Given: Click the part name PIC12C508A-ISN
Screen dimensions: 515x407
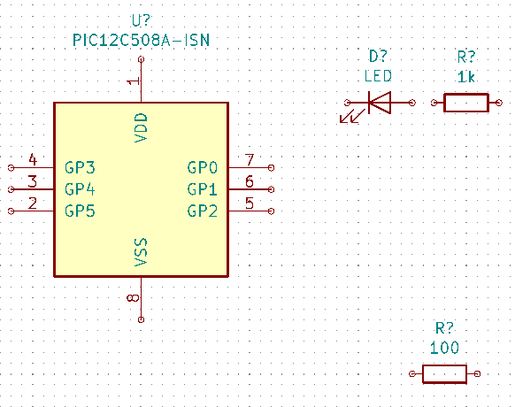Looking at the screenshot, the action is pyautogui.click(x=141, y=41).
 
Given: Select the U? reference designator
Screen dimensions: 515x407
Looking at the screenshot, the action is pyautogui.click(x=141, y=20).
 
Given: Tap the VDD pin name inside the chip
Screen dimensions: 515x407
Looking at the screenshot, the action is pyautogui.click(x=142, y=127).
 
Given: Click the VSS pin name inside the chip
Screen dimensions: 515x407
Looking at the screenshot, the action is pyautogui.click(x=142, y=252).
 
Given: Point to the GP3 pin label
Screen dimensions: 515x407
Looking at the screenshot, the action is pyautogui.click(x=80, y=167).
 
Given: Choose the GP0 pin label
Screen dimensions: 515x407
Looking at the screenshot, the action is pyautogui.click(x=203, y=167).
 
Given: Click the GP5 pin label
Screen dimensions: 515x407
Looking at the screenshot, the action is pyautogui.click(x=80, y=211).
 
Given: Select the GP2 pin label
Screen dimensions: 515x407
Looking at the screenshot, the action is pyautogui.click(x=203, y=211).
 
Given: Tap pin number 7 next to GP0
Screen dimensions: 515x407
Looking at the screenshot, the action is pyautogui.click(x=250, y=160).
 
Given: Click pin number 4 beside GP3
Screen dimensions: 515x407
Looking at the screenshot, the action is pyautogui.click(x=33, y=159).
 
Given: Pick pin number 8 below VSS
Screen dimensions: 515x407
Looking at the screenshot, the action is pyautogui.click(x=133, y=298).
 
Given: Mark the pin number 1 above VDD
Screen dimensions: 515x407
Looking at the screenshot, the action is pyautogui.click(x=134, y=81).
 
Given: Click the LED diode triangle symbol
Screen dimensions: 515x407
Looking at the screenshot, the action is pyautogui.click(x=380, y=103).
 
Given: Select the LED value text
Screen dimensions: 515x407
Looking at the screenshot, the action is pyautogui.click(x=378, y=76).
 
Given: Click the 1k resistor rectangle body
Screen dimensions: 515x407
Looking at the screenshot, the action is pyautogui.click(x=466, y=103).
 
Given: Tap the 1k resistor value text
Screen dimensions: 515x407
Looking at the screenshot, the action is pyautogui.click(x=466, y=77).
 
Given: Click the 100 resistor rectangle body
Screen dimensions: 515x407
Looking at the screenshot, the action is pyautogui.click(x=444, y=374).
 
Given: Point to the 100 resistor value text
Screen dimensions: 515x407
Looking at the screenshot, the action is pyautogui.click(x=444, y=348).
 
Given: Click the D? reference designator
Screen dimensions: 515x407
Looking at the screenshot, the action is pyautogui.click(x=378, y=57).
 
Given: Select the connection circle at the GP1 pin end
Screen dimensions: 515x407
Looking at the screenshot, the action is pyautogui.click(x=271, y=189).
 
